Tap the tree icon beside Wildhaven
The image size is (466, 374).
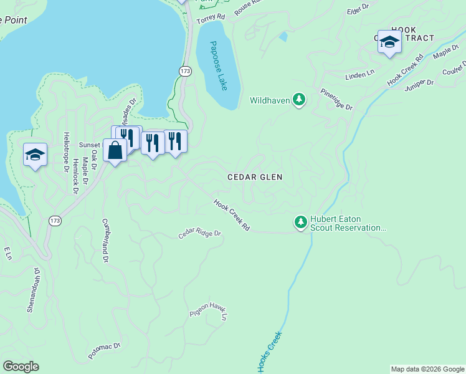(x=300, y=100)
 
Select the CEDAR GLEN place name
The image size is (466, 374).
(x=255, y=177)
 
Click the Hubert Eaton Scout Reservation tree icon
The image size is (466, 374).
(x=300, y=222)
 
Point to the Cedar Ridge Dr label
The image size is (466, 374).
(x=200, y=234)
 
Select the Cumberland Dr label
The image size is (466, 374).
(x=106, y=239)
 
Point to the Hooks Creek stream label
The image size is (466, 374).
(x=269, y=352)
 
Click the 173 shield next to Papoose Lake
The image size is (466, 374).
(x=185, y=72)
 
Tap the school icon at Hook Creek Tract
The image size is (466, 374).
(x=389, y=42)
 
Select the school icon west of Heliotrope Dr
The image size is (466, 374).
(x=35, y=154)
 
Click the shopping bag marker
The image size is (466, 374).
(x=115, y=150)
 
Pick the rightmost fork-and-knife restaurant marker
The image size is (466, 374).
(x=176, y=141)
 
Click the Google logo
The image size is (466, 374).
(x=20, y=367)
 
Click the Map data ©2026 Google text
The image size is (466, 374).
(x=427, y=369)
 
